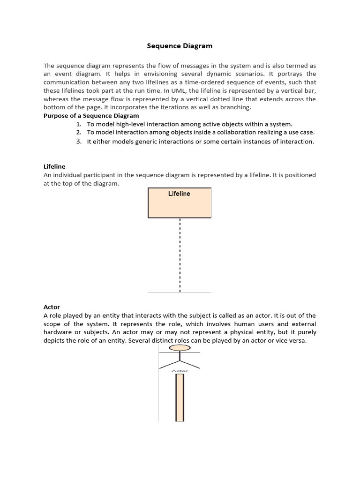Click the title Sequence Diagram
180,46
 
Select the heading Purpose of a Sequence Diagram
91,115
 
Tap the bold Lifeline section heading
54,166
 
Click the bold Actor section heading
52,307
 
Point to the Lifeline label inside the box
179,194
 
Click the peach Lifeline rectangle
180,206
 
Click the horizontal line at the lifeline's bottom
180,292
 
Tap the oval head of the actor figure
180,348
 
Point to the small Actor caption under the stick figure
180,371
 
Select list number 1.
79,124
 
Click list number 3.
79,142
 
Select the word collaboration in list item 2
227,133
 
